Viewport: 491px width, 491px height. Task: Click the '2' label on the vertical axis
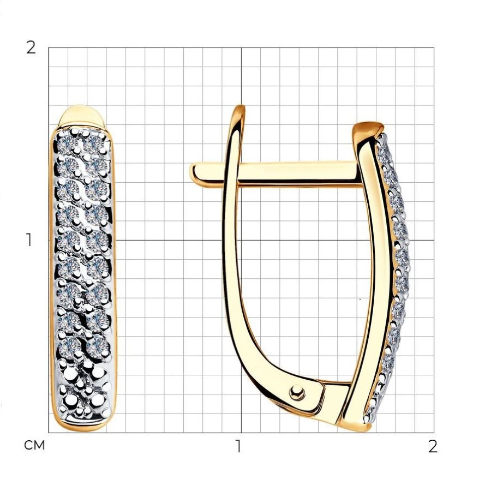(x=31, y=48)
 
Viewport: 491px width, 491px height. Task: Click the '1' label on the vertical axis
(x=29, y=240)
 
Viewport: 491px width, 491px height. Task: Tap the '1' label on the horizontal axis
(x=238, y=446)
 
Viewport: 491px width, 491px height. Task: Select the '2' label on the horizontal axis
(x=433, y=446)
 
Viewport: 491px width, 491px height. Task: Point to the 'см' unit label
(x=34, y=445)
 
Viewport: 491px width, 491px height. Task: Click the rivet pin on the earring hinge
(x=297, y=392)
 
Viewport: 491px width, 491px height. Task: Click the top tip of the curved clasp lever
(x=241, y=107)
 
